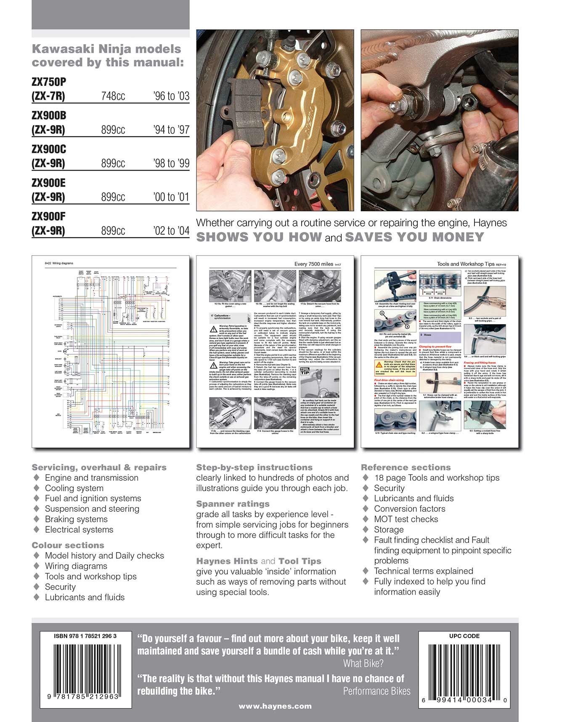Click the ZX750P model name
(49, 82)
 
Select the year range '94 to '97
(172, 130)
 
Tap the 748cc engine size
(113, 96)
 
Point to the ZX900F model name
(49, 217)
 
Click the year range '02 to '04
(172, 230)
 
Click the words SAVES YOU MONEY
(414, 237)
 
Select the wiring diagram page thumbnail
(110, 351)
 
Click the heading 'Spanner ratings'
(233, 504)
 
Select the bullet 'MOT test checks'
(406, 519)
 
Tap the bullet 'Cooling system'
(74, 488)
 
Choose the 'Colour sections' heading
(68, 545)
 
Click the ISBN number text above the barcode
(85, 636)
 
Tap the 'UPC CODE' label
(464, 636)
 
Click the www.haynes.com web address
(275, 706)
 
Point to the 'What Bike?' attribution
(363, 664)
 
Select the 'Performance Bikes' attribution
(376, 691)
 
